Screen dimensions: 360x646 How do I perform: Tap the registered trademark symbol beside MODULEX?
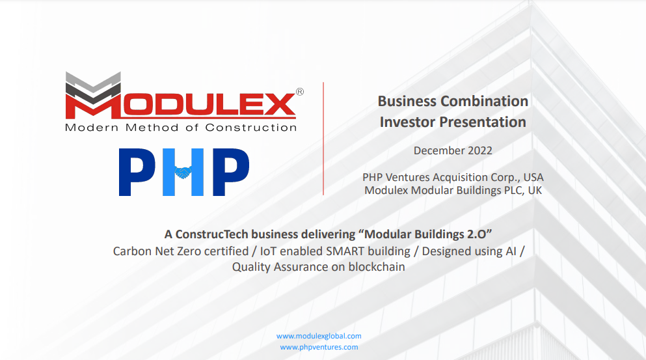click(x=299, y=92)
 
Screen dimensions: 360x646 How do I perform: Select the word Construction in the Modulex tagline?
click(x=251, y=128)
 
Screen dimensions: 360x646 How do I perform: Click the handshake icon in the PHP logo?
click(x=184, y=173)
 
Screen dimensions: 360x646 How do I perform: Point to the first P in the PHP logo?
click(x=135, y=173)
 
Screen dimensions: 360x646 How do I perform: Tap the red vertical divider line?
click(x=323, y=139)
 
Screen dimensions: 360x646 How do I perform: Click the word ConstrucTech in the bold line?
click(x=209, y=233)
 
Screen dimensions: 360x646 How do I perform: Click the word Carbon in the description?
click(x=132, y=251)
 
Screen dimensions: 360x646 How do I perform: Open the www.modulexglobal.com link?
click(x=319, y=336)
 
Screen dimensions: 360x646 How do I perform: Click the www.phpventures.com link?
click(x=319, y=347)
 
